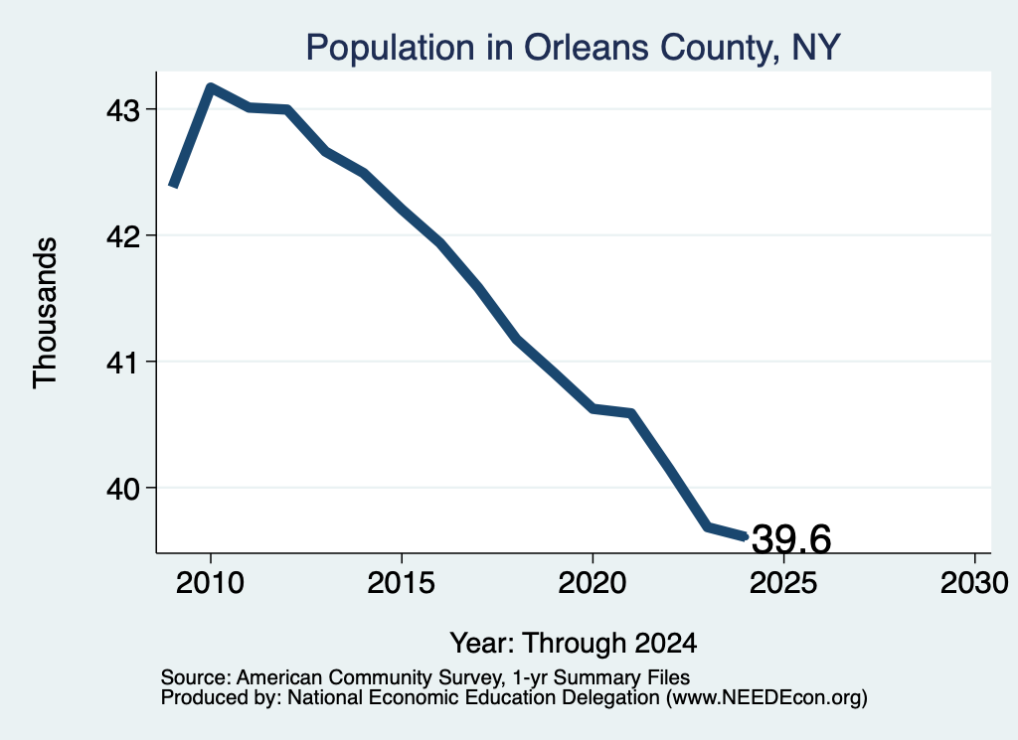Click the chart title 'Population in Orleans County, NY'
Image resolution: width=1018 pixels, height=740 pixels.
pyautogui.click(x=574, y=48)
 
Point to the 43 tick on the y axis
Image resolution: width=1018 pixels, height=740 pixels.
pyautogui.click(x=123, y=111)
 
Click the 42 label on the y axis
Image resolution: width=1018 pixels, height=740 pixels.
pyautogui.click(x=123, y=236)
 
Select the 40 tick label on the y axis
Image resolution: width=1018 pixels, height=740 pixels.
pyautogui.click(x=123, y=489)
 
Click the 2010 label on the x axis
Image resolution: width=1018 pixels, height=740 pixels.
pyautogui.click(x=210, y=583)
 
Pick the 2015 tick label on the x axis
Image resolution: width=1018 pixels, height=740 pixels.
pyautogui.click(x=402, y=583)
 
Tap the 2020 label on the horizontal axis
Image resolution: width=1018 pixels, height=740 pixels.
pyautogui.click(x=593, y=583)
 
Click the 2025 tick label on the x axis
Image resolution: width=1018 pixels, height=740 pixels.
pyautogui.click(x=783, y=583)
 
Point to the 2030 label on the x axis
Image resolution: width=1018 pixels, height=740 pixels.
pyautogui.click(x=974, y=583)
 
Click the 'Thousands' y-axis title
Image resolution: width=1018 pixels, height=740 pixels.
pyautogui.click(x=45, y=313)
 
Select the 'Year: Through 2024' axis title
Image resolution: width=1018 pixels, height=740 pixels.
pyautogui.click(x=574, y=644)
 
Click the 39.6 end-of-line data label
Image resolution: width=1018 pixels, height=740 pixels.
pyautogui.click(x=790, y=539)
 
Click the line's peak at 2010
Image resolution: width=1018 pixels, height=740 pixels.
pyautogui.click(x=211, y=86)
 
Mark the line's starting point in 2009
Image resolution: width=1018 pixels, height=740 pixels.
pyautogui.click(x=173, y=186)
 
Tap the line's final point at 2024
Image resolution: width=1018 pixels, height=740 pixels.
pyautogui.click(x=746, y=537)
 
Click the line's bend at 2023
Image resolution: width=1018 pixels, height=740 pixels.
pyautogui.click(x=708, y=526)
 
